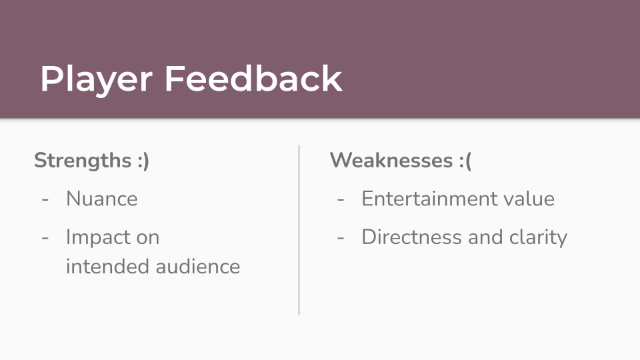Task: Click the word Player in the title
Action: click(x=96, y=79)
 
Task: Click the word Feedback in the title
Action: click(x=253, y=79)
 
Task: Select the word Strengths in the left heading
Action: click(x=83, y=161)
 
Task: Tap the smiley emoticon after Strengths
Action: click(x=143, y=161)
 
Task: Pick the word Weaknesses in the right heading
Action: click(x=391, y=160)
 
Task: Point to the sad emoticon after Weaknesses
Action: click(x=465, y=161)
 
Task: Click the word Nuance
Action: click(x=101, y=199)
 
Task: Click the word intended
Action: click(x=108, y=266)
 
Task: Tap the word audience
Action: click(x=198, y=266)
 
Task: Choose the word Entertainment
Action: click(x=429, y=199)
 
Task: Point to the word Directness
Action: click(x=412, y=237)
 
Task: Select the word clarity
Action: click(x=539, y=237)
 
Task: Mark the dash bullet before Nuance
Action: click(x=45, y=200)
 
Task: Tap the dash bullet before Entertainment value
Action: click(x=341, y=200)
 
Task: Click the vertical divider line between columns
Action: click(x=299, y=230)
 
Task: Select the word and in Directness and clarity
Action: click(x=486, y=237)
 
